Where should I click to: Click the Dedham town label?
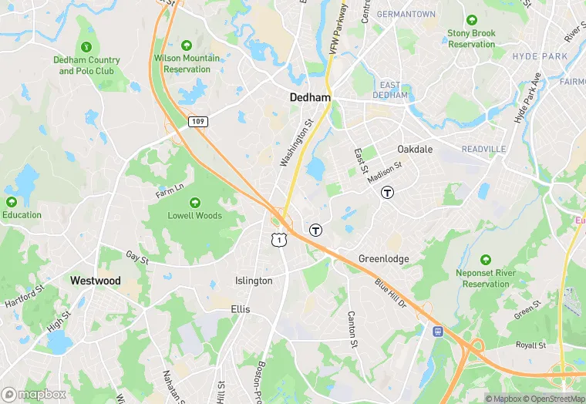coord(310,98)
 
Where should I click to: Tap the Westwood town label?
coord(96,281)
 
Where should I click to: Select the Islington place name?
coord(254,281)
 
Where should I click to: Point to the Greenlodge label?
coord(384,259)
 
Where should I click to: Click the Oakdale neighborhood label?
coord(415,149)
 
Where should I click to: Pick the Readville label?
coord(483,149)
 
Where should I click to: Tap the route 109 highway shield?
coord(198,121)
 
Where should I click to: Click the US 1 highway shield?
coord(279,240)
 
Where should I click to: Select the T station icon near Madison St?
coord(387,193)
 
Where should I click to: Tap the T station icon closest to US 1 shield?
coord(315,230)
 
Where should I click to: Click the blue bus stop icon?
coord(438,331)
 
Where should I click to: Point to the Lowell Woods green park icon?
coord(195,201)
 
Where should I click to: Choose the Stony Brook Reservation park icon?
coord(471,19)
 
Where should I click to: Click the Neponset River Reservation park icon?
coord(486,259)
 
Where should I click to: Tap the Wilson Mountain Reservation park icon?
coord(186,45)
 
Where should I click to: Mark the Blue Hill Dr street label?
coord(391,293)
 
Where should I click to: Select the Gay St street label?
coord(137,257)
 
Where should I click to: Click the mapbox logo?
coord(34,394)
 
